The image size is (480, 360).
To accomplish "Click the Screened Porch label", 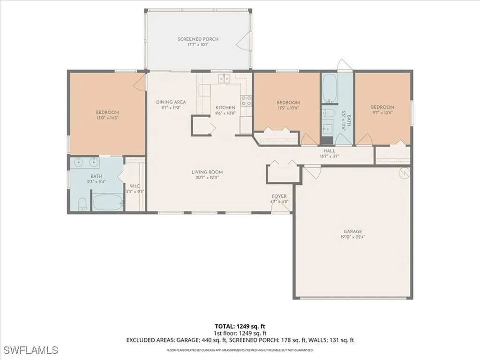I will click(x=198, y=39).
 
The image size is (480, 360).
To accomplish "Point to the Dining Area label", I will click(x=171, y=102).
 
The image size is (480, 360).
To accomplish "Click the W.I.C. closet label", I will click(x=134, y=186).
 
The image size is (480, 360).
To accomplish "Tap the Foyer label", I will click(x=279, y=196).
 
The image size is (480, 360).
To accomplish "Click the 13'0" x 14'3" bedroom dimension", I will click(x=107, y=118).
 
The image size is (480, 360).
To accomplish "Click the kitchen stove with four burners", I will click(x=246, y=99).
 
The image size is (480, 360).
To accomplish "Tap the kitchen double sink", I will click(x=225, y=79).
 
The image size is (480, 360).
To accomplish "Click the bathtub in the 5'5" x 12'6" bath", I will click(x=330, y=87).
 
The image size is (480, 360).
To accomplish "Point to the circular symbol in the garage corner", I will click(x=404, y=173).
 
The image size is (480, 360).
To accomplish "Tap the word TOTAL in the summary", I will click(x=225, y=326).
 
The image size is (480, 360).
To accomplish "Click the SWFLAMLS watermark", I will click(x=30, y=350).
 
